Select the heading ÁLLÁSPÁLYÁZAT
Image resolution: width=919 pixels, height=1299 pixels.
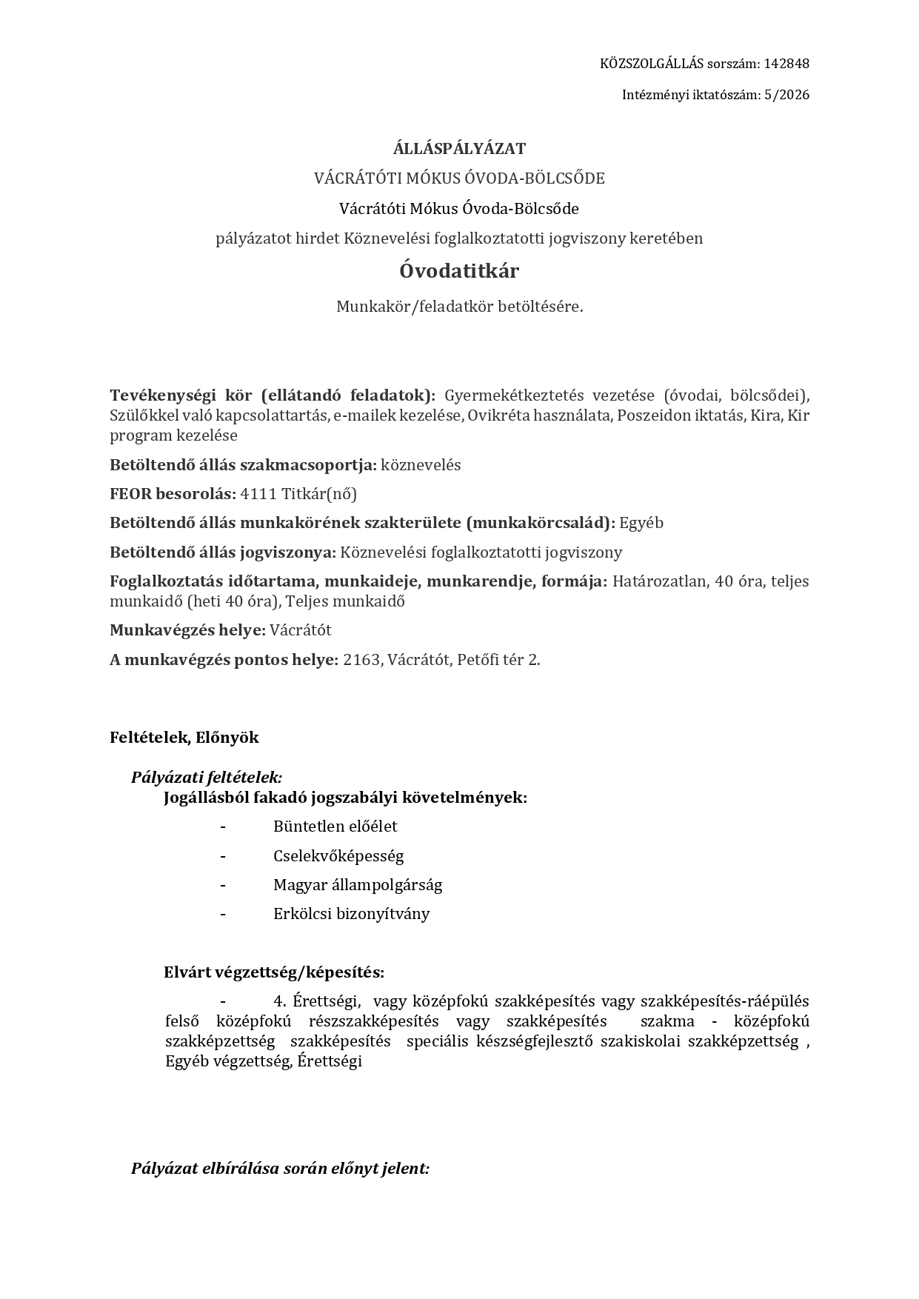tap(459, 149)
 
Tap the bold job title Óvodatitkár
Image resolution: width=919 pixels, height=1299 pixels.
tap(459, 271)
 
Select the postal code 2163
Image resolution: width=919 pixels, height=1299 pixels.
tap(361, 660)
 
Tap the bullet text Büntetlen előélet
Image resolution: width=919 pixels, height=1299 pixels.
tap(335, 827)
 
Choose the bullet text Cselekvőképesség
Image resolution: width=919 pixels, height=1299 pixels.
tap(338, 856)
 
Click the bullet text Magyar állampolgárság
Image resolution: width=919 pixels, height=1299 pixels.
tap(357, 885)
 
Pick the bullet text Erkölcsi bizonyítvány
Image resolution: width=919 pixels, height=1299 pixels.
tap(351, 914)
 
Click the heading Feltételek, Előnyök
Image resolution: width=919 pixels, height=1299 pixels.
tap(184, 738)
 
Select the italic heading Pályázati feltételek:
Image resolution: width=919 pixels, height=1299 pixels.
tap(207, 778)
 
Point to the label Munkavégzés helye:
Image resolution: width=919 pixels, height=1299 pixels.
tap(187, 630)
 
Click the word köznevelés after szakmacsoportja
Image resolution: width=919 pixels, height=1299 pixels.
tap(421, 465)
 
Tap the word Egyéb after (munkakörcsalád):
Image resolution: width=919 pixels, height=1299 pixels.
tap(641, 523)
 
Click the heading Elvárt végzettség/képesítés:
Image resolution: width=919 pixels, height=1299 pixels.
tap(274, 972)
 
